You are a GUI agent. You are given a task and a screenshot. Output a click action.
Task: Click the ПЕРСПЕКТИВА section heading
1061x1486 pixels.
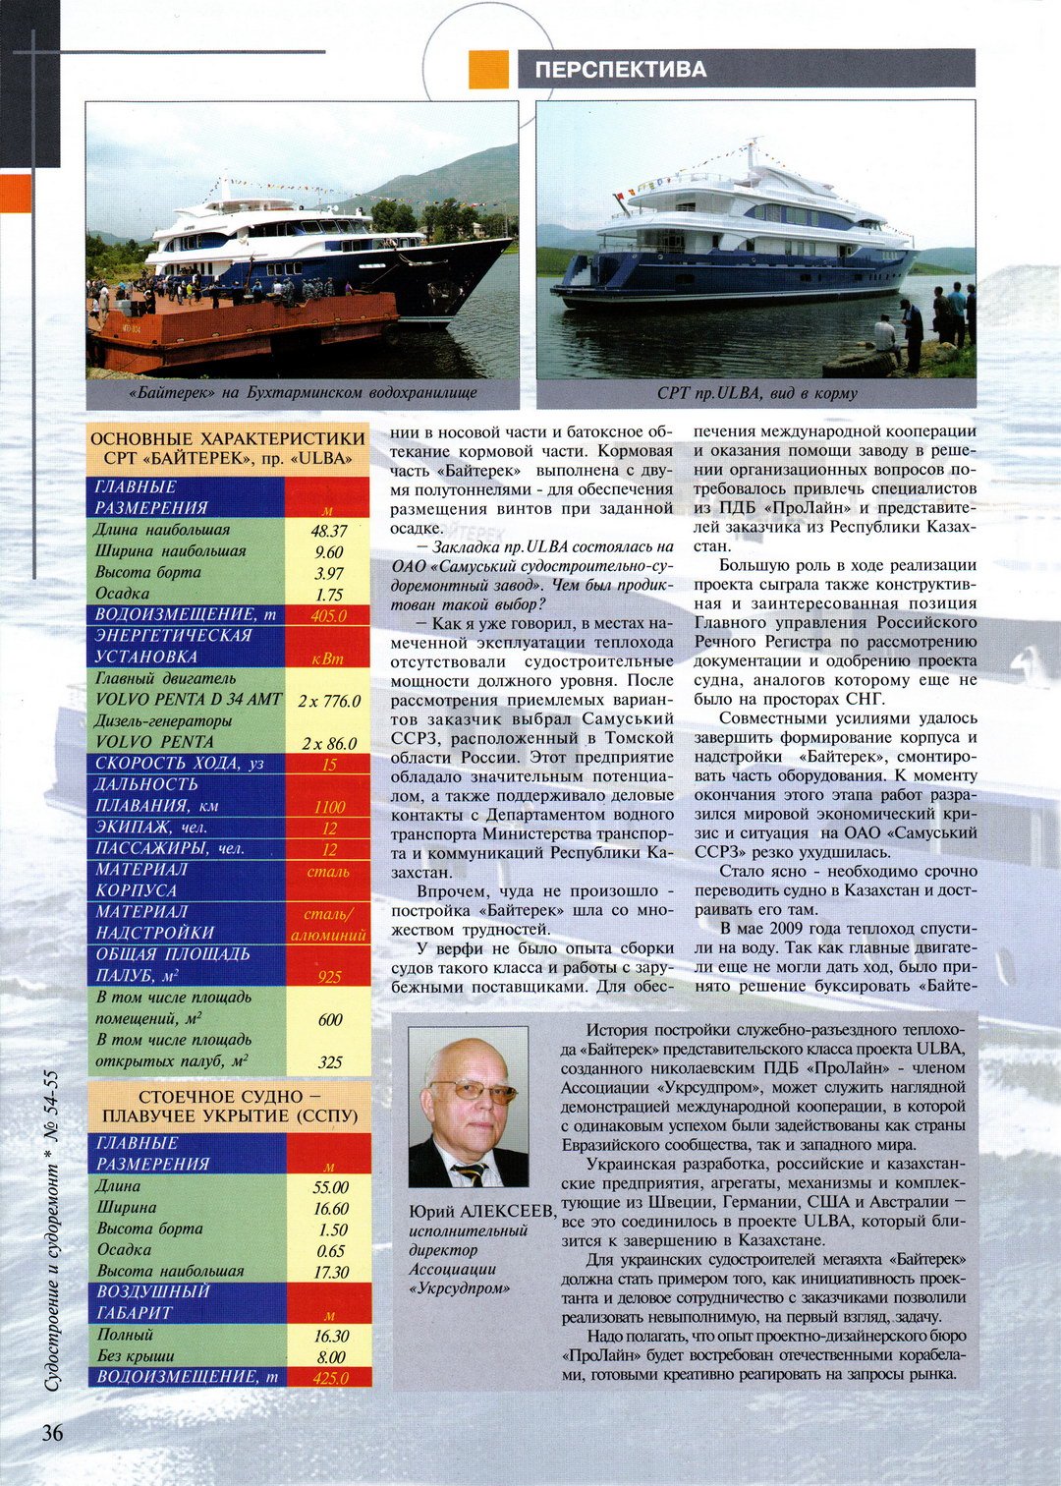click(621, 70)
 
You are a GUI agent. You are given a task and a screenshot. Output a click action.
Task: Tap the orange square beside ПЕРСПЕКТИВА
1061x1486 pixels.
click(488, 69)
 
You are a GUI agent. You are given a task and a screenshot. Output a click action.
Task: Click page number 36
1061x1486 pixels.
click(52, 1432)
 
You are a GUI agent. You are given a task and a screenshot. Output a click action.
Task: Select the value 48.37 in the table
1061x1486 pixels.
click(329, 531)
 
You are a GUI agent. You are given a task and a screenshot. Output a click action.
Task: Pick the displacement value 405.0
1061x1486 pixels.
click(328, 616)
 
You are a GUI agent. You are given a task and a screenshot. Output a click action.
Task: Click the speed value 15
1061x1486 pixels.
click(329, 764)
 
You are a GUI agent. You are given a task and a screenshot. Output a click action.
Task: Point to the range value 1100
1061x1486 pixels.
click(329, 807)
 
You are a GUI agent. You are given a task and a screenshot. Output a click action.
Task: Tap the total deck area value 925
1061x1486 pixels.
click(329, 976)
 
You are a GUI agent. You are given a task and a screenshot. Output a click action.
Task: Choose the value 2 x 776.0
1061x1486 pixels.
click(329, 701)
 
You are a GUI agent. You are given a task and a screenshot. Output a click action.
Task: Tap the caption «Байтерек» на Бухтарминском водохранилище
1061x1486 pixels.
click(302, 393)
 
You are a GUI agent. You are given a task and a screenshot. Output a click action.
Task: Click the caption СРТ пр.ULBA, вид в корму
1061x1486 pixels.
click(756, 393)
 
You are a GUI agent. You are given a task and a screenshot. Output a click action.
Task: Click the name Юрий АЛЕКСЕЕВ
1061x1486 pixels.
click(481, 1212)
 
